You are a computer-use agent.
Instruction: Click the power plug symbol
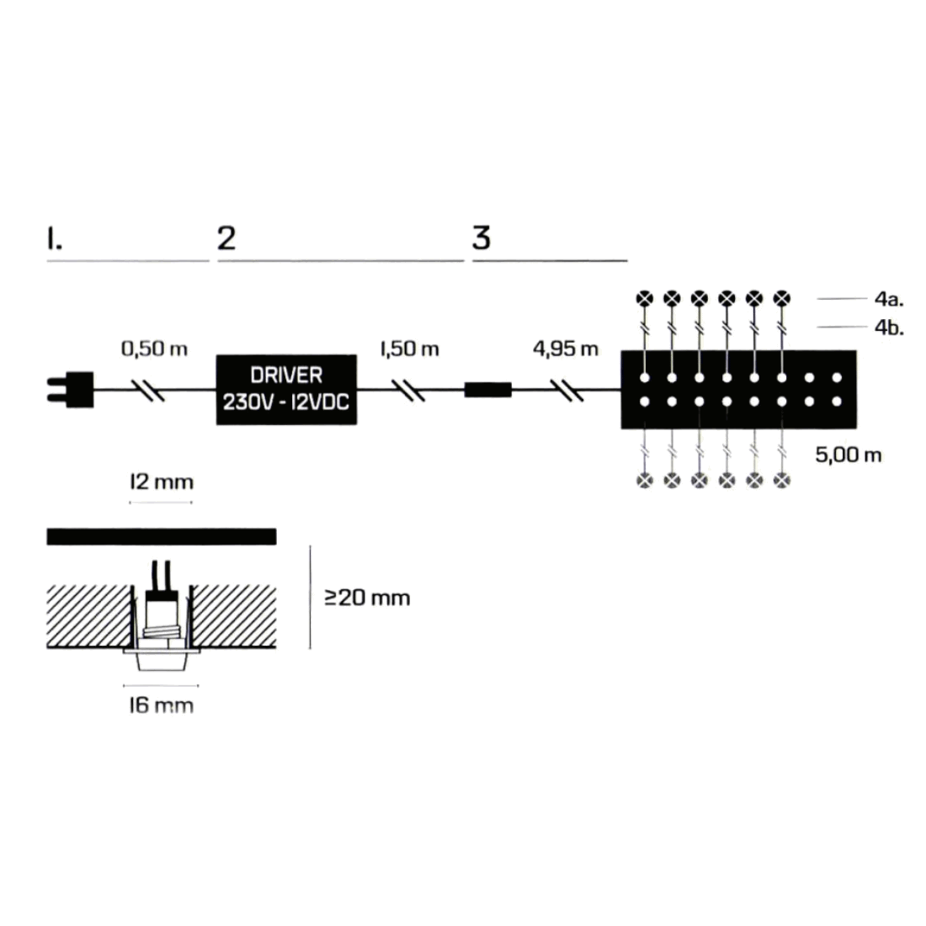click(72, 390)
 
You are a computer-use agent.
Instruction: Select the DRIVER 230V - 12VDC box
click(286, 389)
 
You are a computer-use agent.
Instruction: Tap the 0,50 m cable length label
click(155, 349)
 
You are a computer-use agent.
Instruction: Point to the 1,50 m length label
click(409, 349)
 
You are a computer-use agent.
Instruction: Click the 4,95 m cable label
click(566, 349)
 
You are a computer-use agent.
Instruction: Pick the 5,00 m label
click(849, 455)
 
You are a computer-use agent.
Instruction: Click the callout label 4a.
click(888, 299)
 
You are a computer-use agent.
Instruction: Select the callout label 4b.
click(888, 327)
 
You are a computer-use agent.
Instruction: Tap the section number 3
click(481, 238)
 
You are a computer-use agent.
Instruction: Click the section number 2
click(226, 238)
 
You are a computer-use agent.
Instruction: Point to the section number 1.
click(54, 238)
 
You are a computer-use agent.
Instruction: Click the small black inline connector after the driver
click(488, 390)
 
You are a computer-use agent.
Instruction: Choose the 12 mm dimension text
click(161, 482)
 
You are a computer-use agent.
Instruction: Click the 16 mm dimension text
click(161, 705)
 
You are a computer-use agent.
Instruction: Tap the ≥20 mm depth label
click(368, 599)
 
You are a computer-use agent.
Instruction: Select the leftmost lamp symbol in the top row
click(644, 298)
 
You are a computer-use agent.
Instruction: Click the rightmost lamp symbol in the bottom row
click(783, 480)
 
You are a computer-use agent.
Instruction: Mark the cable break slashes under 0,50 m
click(152, 390)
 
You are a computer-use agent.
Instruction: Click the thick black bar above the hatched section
click(161, 536)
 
